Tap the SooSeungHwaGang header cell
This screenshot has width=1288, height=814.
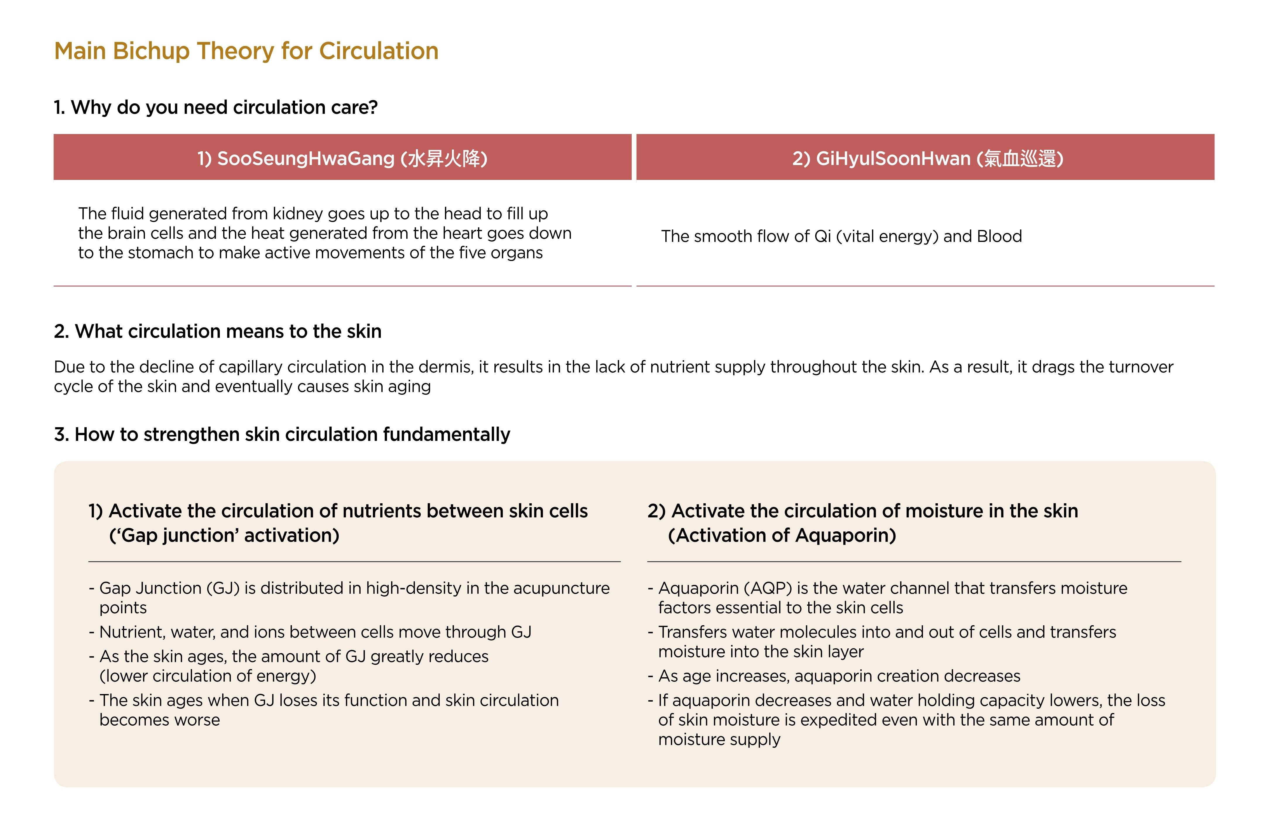342,158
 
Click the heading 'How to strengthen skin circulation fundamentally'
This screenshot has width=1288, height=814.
282,435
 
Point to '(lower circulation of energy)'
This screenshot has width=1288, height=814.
208,676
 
